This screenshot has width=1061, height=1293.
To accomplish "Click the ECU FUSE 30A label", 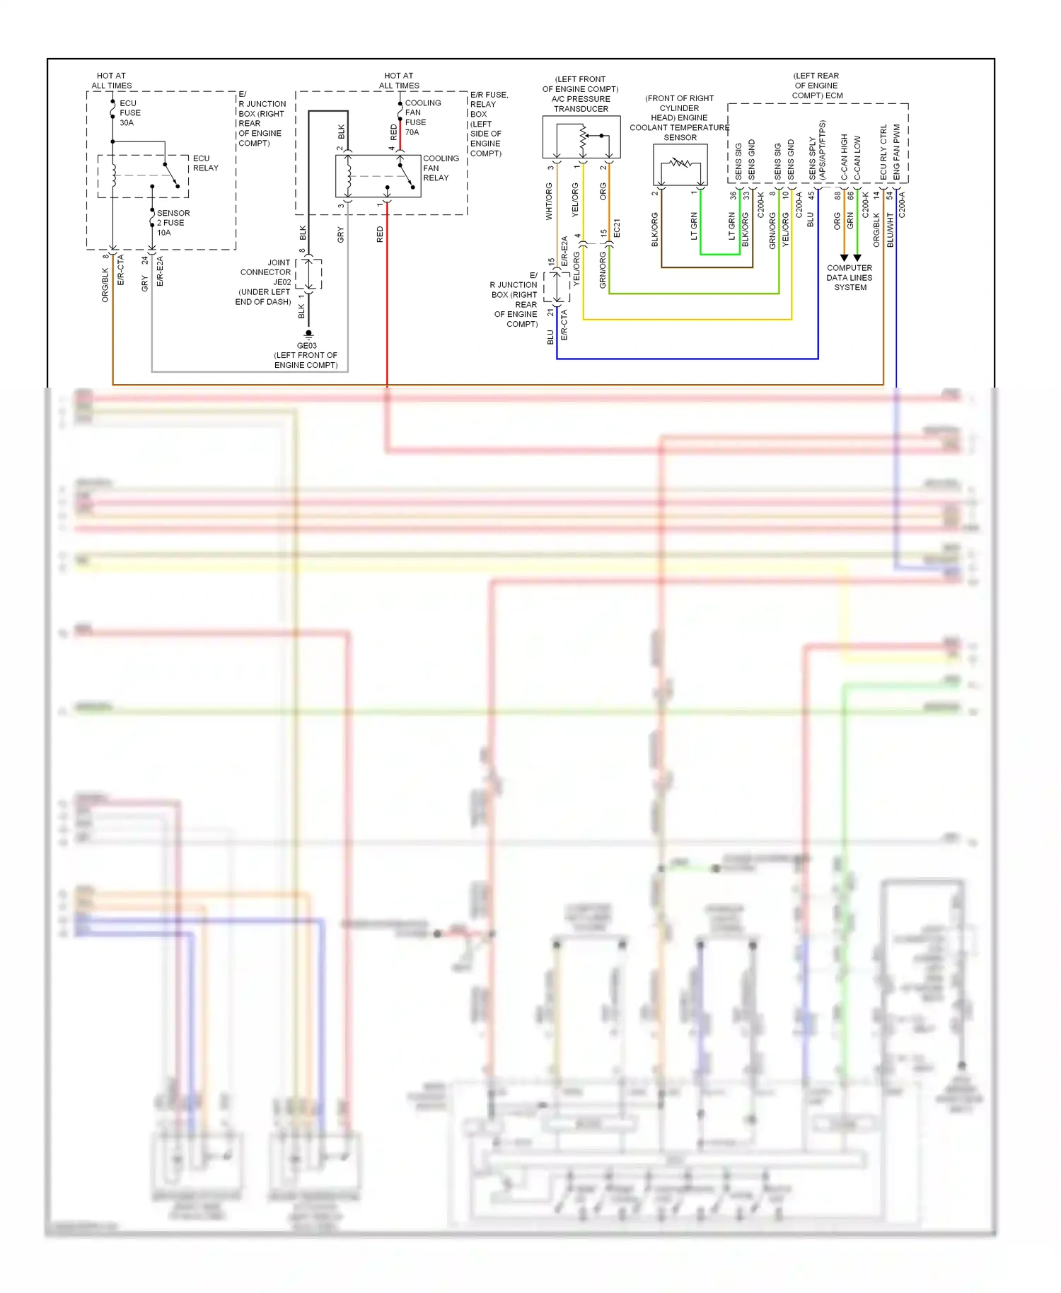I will coord(129,113).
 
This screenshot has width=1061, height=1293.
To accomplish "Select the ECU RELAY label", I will coord(205,163).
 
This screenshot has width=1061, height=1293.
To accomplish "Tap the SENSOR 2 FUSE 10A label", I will coord(173,222).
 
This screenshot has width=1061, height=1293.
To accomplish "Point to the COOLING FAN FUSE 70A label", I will coord(422,117).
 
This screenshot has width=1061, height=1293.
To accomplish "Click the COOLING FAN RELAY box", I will coord(378,176).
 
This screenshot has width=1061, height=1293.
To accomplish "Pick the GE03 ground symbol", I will coord(308,334).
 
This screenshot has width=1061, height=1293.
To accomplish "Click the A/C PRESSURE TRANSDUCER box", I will coord(581,137).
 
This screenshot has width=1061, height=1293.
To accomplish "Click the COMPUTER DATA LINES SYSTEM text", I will coord(850,277).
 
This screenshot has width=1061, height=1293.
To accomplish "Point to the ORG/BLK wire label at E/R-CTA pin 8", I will coord(105,284).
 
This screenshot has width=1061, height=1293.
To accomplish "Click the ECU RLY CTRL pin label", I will coord(883,152).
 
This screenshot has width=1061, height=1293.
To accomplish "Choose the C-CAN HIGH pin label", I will coord(844,156).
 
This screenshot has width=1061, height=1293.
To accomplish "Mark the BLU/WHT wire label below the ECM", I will coord(890,230).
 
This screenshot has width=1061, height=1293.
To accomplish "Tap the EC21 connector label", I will coord(616,228).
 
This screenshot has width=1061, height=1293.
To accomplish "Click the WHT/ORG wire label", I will coord(548,201).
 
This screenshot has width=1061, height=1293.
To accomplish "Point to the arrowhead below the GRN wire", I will coord(857,258).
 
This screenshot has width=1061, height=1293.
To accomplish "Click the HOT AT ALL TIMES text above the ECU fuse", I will coord(112,81).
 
